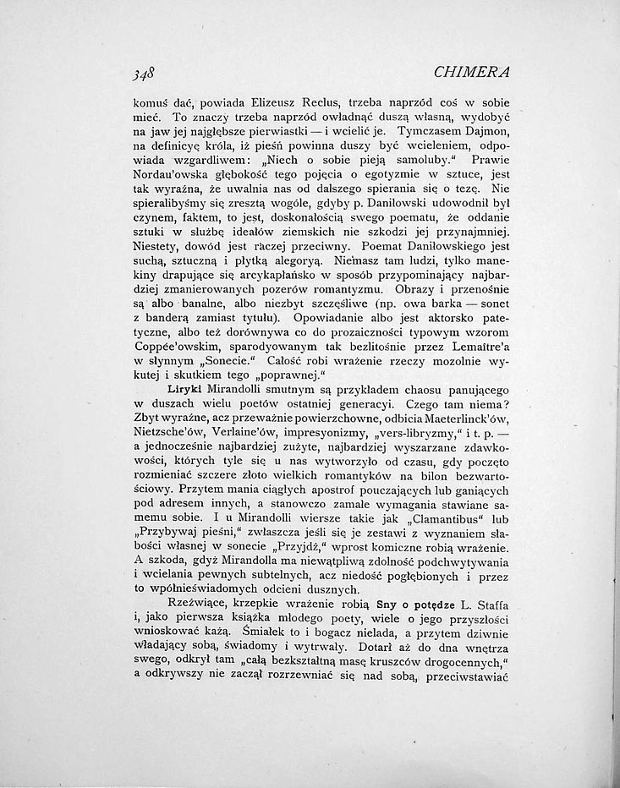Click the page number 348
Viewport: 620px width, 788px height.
[x=131, y=73]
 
